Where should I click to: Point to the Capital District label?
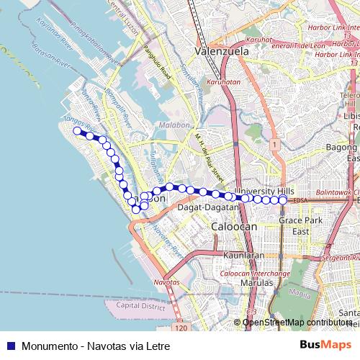pos(135,305)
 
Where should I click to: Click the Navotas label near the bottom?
pos(167,283)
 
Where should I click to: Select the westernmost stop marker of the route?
pos(78,130)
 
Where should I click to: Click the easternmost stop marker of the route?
pos(284,199)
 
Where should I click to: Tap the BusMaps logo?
pos(325,346)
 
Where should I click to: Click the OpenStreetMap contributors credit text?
pos(296,322)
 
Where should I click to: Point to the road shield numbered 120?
pos(181,328)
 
